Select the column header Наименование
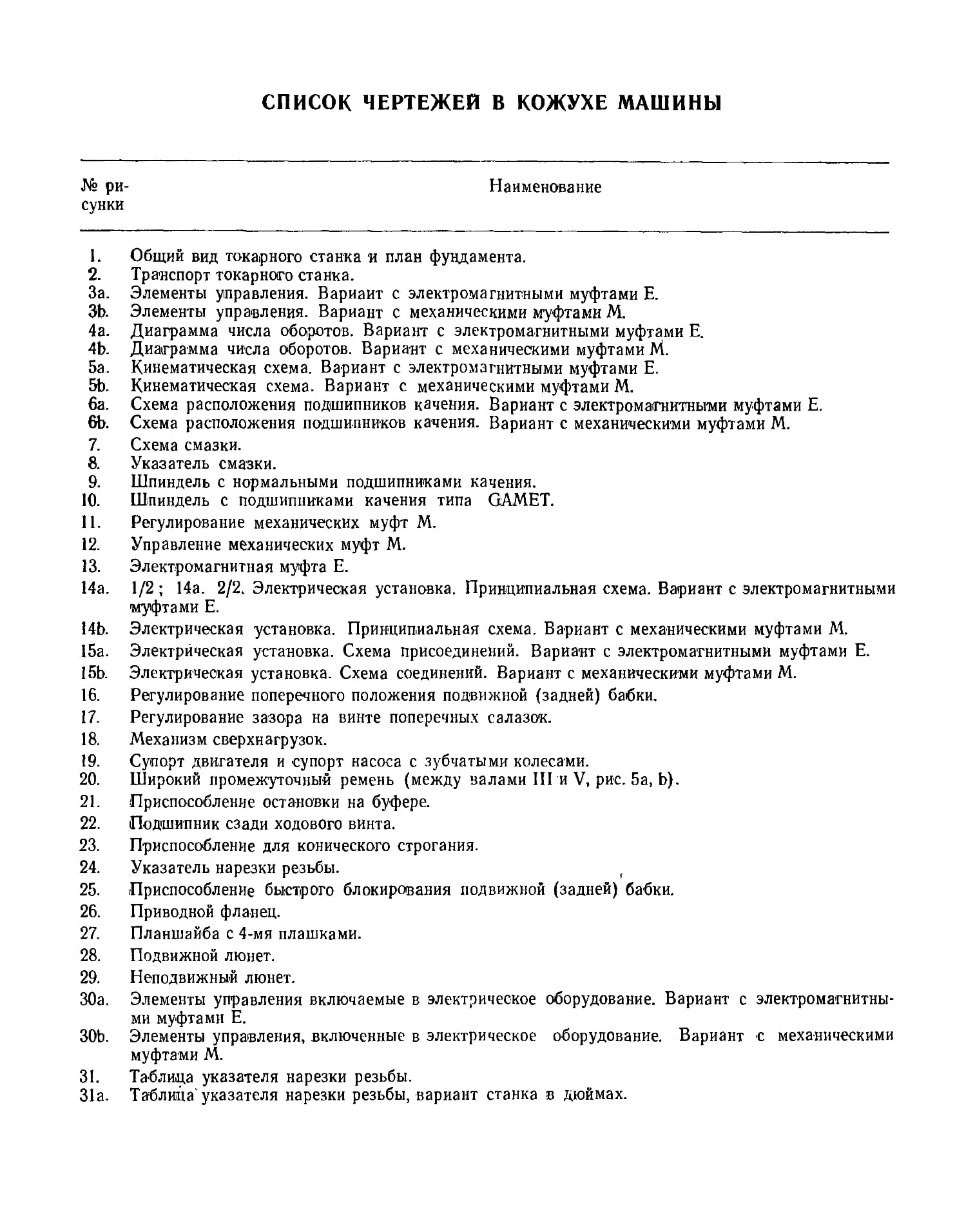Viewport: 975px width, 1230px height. pos(545,187)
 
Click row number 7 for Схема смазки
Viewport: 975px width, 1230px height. pos(94,445)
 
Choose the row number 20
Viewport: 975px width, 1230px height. pos(91,779)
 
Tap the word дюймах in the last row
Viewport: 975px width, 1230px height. pos(595,1095)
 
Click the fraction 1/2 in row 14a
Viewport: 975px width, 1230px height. pos(140,589)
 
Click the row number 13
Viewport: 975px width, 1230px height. pos(91,567)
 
